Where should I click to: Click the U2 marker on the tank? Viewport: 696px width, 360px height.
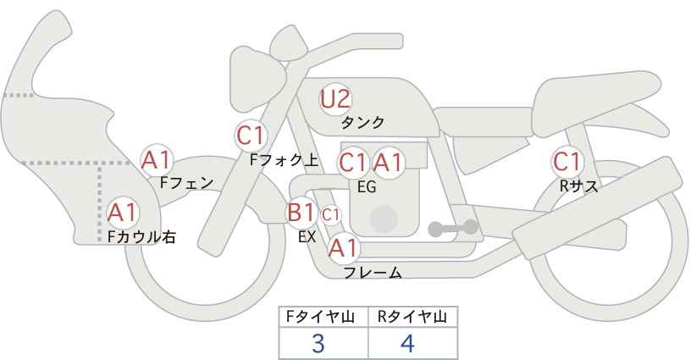point(335,99)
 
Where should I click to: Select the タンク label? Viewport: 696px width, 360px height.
point(362,123)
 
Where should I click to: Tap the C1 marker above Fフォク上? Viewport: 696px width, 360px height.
point(251,136)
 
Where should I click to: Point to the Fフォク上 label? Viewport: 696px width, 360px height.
point(284,160)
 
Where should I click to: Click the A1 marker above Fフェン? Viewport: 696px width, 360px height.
point(157,161)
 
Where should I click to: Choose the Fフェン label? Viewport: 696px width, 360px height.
point(186,183)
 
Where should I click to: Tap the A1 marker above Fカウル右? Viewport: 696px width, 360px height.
point(123,213)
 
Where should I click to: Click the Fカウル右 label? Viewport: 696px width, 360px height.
point(141,236)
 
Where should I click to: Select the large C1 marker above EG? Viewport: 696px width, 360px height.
point(353,163)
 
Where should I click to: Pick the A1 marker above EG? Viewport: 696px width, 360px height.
point(388,163)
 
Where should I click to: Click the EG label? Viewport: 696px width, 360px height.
point(367,187)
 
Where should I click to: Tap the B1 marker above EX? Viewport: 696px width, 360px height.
point(301,212)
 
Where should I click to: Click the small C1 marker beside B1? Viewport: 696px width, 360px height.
point(331,215)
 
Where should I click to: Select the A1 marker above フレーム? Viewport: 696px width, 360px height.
point(343,248)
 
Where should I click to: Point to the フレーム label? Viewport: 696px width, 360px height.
point(373,273)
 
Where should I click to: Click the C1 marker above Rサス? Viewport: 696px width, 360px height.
point(567,162)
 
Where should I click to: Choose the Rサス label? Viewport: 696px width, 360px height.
point(579,186)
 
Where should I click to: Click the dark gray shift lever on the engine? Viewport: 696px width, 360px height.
point(453,228)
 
